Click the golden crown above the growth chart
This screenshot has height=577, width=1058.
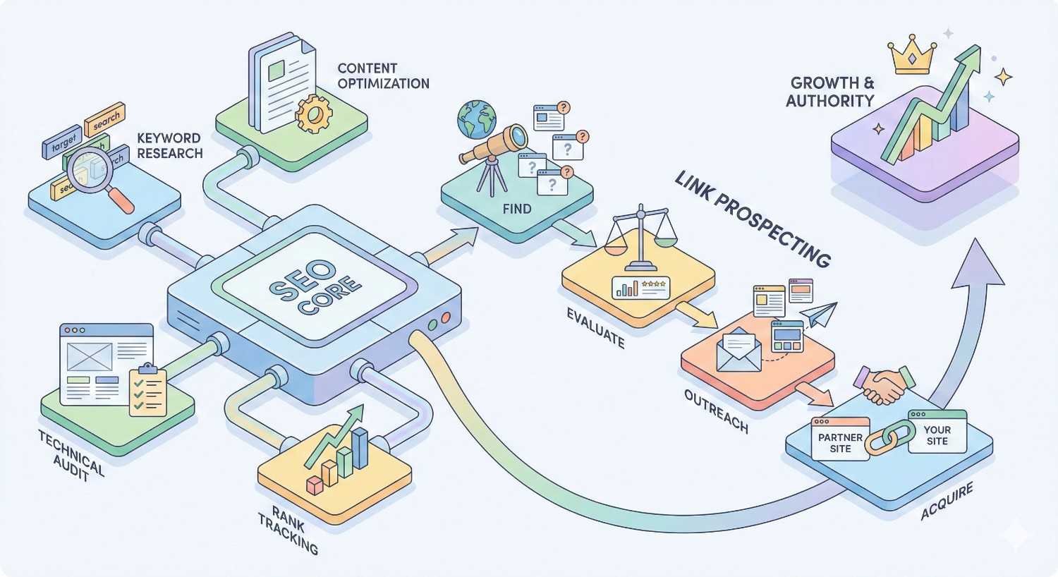[x=913, y=56]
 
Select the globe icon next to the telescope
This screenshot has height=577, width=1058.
[x=476, y=118]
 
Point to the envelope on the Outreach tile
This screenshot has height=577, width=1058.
[x=738, y=350]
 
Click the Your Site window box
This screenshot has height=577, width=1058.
[x=937, y=432]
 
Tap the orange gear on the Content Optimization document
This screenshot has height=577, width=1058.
[x=315, y=114]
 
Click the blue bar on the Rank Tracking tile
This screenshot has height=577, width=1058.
[x=360, y=448]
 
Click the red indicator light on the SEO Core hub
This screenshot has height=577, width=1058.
[x=445, y=319]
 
